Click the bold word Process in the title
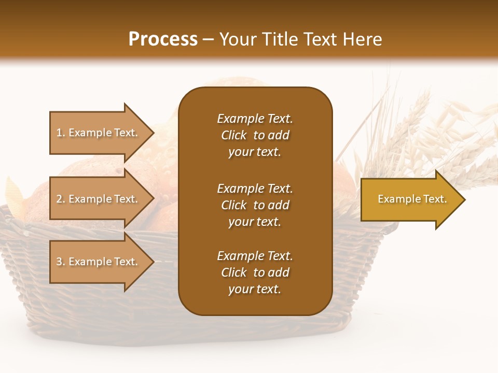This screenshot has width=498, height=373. pos(163,39)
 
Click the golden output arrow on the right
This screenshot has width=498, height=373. pos(410,199)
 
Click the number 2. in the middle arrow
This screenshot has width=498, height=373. pos(61,199)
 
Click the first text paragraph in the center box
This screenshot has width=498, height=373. pos(255,135)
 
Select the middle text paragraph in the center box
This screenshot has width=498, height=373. pos(255,205)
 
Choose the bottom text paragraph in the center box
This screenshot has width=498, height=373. pos(255,272)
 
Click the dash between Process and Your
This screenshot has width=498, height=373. pos(209,39)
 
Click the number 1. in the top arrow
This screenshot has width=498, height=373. pos(61,133)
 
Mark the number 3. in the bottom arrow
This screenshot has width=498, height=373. pos(61,262)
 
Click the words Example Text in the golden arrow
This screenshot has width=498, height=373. pos(412,199)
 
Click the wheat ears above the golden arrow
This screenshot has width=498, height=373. pos(425,130)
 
